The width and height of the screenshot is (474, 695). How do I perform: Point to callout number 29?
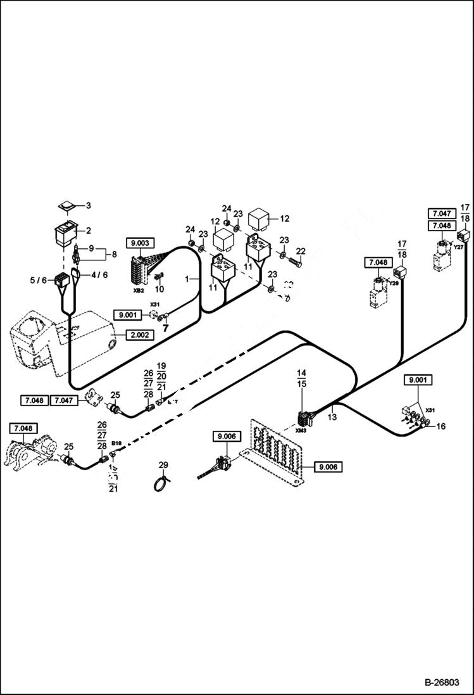(163, 466)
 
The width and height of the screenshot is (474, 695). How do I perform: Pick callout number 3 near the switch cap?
(89, 205)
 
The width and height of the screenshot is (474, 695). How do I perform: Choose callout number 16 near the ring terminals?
(441, 426)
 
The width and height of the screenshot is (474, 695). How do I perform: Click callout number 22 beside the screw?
(301, 252)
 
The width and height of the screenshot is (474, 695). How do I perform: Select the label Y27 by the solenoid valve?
(458, 248)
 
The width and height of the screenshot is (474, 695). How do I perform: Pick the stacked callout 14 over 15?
(302, 378)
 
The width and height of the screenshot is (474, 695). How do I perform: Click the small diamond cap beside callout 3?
(66, 207)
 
